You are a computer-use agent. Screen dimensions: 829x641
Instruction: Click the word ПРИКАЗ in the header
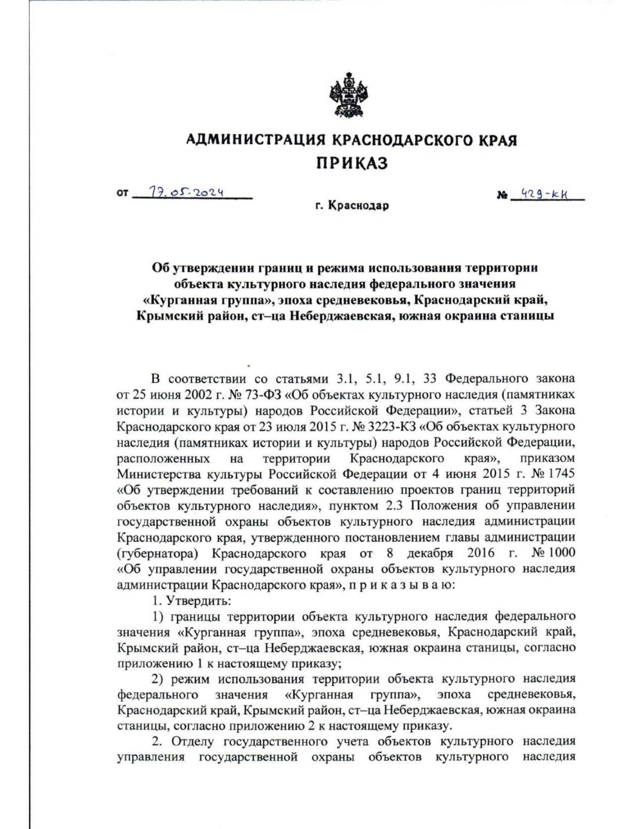tap(351, 162)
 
